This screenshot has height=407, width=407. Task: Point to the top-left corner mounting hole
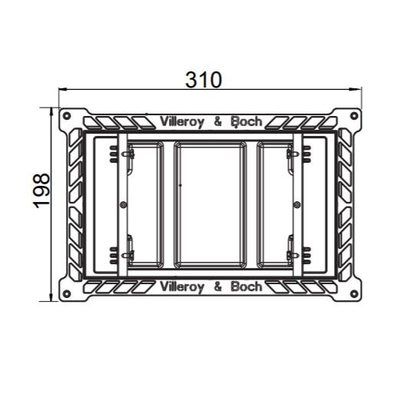click(x=68, y=117)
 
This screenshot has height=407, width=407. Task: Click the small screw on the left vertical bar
click(x=124, y=204)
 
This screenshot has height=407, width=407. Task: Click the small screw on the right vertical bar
click(x=296, y=204)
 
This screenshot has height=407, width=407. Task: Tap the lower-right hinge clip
click(x=290, y=253)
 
